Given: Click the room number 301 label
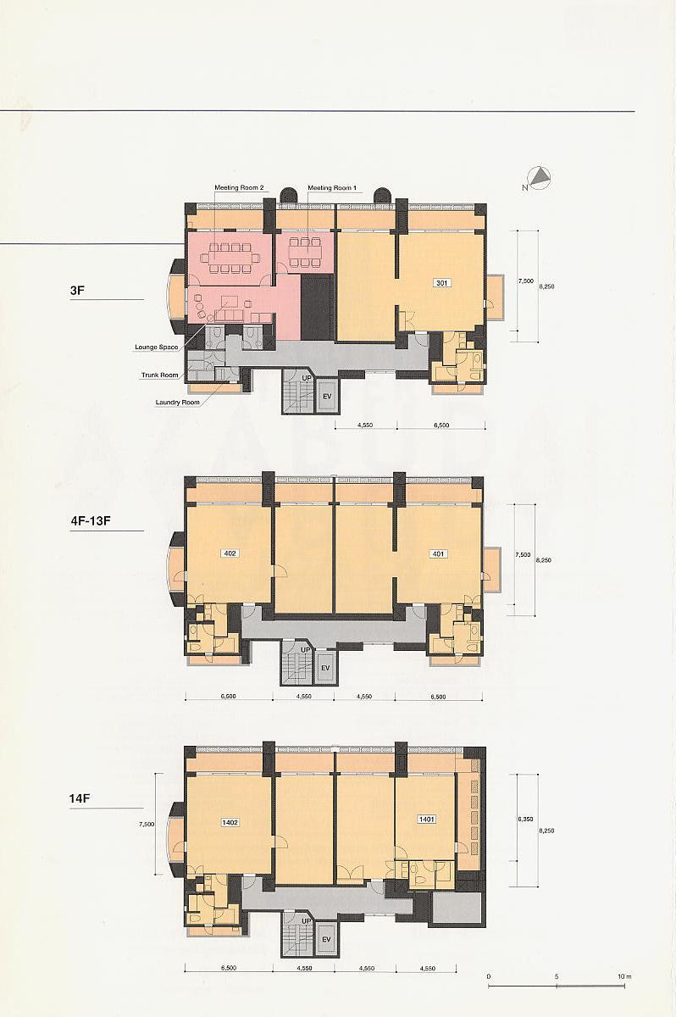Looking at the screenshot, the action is pyautogui.click(x=441, y=283).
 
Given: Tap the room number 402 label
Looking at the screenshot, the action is pyautogui.click(x=228, y=553).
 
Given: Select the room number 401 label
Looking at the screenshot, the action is pyautogui.click(x=438, y=553).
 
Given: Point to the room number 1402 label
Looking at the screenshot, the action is pyautogui.click(x=230, y=822).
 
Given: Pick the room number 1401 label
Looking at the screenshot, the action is pyautogui.click(x=426, y=819).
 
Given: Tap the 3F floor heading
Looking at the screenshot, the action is pyautogui.click(x=77, y=290).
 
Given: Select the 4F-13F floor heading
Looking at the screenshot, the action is pyautogui.click(x=91, y=520).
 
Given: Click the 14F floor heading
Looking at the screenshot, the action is pyautogui.click(x=79, y=798).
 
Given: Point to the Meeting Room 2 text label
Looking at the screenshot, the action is pyautogui.click(x=239, y=187).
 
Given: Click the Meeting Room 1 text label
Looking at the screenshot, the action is pyautogui.click(x=332, y=187).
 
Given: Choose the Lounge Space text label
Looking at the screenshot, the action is pyautogui.click(x=156, y=347).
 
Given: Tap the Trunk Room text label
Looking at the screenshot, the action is pyautogui.click(x=159, y=375).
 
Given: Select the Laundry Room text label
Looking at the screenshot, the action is pyautogui.click(x=177, y=403).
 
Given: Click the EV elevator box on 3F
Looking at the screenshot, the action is pyautogui.click(x=326, y=397).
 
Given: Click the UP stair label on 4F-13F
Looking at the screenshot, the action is pyautogui.click(x=307, y=650).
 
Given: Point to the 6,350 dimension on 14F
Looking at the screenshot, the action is pyautogui.click(x=525, y=820).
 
